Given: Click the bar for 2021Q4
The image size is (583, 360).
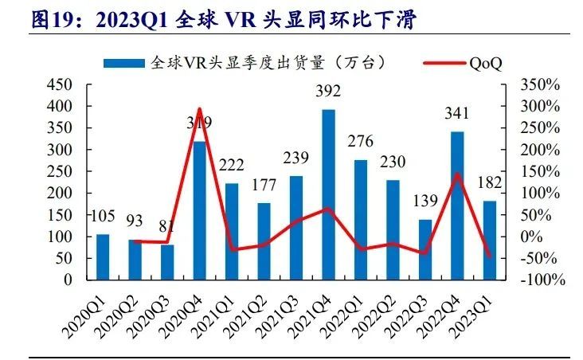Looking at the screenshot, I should (328, 195).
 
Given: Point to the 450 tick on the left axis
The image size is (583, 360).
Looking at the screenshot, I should (62, 84).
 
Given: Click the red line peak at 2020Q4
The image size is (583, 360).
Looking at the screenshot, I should (200, 109).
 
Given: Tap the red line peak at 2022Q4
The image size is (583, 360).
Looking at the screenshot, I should (458, 174).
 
